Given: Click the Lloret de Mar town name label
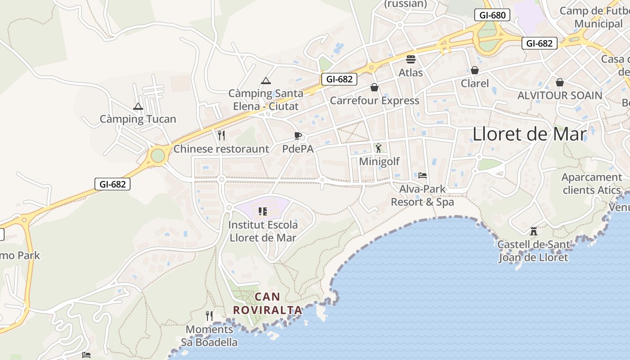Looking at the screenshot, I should point(530,134).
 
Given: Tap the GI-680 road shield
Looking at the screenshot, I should point(492,15).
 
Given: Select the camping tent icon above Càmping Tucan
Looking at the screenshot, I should point(138,107).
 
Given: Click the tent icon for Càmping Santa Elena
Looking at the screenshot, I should point(266,81).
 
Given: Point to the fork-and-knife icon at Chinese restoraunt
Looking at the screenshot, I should point(221,135).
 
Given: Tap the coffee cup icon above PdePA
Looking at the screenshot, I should point(297,135).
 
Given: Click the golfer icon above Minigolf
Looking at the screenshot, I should point(378,148).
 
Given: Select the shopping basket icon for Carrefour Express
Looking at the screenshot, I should point(374,87).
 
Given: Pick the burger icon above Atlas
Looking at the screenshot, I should point(410,59).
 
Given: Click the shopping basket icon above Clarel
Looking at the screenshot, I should point(474,70).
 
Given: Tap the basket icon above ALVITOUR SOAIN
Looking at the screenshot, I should point(559,82).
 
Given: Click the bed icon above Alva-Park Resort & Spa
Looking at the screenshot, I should point(422,175).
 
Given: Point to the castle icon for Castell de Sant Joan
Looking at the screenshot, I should point(534,231).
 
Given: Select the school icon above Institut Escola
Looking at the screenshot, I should point(263,211).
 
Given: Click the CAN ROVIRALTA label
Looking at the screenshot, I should point(268,303).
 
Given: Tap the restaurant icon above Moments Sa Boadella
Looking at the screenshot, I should point(209,315).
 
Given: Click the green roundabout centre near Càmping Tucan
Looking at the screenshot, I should point(157,156).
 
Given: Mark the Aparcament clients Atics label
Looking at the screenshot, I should point(591,184).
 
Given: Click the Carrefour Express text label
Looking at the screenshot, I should point(374,100).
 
